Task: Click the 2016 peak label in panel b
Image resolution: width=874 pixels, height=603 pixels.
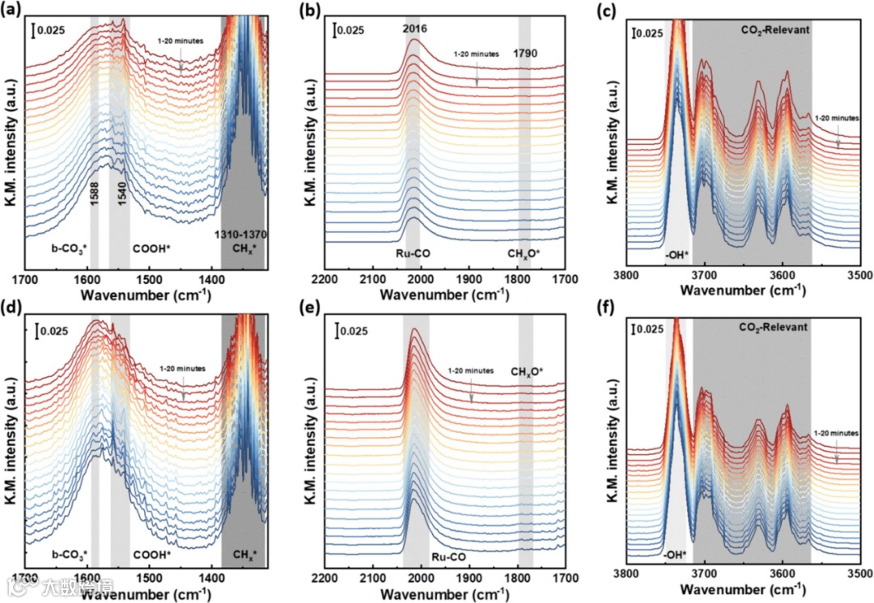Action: (x=414, y=30)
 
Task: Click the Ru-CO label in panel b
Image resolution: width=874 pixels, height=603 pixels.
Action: (x=413, y=253)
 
